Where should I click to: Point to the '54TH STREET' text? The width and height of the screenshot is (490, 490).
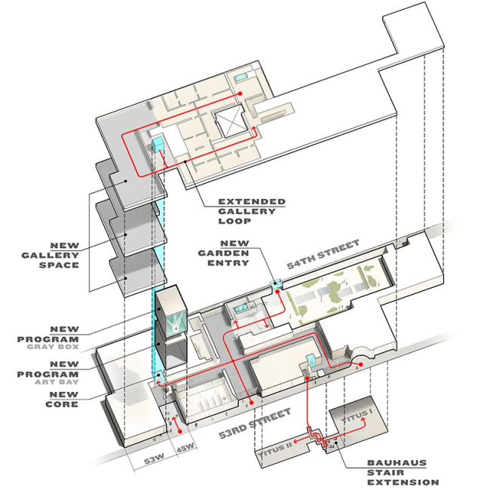tap(323, 254)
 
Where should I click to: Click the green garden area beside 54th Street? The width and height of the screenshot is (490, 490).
tap(332, 290)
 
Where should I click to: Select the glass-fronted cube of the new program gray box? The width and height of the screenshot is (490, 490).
tap(173, 310)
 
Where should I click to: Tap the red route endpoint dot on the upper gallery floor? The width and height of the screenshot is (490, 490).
tap(240, 93)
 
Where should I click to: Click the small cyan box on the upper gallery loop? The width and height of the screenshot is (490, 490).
tap(159, 144)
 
